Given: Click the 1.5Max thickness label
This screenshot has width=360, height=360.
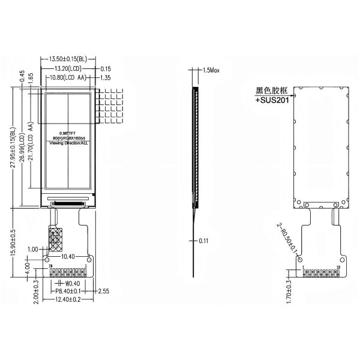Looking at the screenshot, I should pos(212,70).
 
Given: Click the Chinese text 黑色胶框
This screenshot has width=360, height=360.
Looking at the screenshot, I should pos(272,91).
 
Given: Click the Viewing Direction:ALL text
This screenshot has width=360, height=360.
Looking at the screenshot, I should pos(68,144).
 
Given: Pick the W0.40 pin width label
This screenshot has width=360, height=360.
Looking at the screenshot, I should pos(73,283).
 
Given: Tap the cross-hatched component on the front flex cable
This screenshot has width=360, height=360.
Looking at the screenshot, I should pos(56,239).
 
